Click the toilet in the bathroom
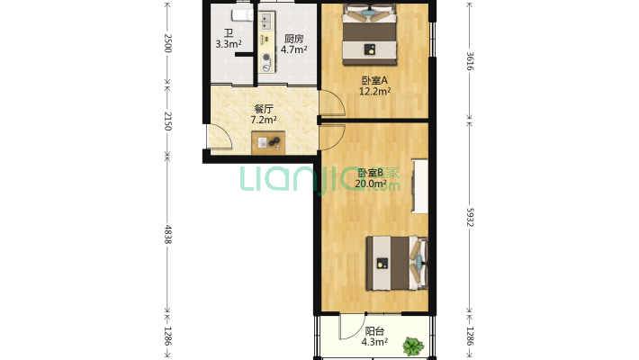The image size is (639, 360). tap(242, 15)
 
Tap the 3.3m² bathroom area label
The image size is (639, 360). tap(229, 44)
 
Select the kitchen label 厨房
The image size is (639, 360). tap(293, 39)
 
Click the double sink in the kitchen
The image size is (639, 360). tap(266, 22)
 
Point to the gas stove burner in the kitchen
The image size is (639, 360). tap(266, 58)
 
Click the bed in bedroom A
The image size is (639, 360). tap(370, 34)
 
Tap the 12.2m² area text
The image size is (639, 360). tap(374, 91)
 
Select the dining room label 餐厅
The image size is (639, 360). tap(264, 109)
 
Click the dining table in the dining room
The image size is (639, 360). tap(268, 143)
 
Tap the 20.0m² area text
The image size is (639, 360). tap(371, 184)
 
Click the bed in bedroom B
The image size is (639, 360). tap(397, 263)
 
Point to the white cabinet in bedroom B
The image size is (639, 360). tap(419, 186)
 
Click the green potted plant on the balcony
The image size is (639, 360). tap(413, 346)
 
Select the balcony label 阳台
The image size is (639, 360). tap(374, 331)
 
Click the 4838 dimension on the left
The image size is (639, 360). tap(167, 234)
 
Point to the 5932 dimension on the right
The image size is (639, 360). tap(470, 217)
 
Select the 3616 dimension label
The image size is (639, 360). tap(470, 60)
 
